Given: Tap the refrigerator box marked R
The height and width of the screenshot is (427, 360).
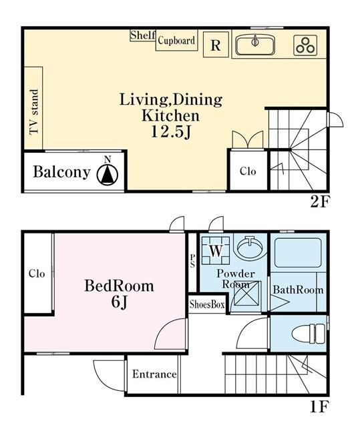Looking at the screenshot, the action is click(216, 45).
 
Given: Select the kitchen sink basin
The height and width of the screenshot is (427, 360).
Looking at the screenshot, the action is click(255, 45).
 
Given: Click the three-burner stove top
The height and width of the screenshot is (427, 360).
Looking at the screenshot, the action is click(305, 45).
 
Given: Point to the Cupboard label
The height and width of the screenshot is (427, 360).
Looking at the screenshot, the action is click(176, 41).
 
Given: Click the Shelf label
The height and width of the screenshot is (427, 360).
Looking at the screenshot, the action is click(142, 35).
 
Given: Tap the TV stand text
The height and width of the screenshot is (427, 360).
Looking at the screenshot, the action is click(34, 112).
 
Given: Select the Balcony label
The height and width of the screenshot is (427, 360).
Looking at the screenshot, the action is click(62, 172).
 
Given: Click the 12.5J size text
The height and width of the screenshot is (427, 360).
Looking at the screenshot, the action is click(171, 132).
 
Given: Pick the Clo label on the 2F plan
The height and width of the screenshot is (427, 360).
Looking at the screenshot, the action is click(248, 171).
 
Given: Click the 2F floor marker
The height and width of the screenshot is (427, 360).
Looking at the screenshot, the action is click(320, 201).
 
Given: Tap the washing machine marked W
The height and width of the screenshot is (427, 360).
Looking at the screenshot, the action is click(216, 251).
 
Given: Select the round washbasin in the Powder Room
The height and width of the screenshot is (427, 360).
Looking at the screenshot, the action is click(250, 247).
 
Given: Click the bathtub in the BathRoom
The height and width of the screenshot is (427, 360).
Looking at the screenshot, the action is click(298, 253).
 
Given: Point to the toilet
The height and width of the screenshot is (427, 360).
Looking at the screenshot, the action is click(308, 334).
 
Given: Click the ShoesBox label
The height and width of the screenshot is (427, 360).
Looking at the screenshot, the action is click(207, 304).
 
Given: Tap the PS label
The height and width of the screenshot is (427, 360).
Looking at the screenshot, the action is click(192, 261).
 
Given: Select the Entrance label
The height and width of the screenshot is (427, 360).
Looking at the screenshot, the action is click(154, 374).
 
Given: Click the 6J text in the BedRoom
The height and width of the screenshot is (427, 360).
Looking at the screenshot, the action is click(119, 302).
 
